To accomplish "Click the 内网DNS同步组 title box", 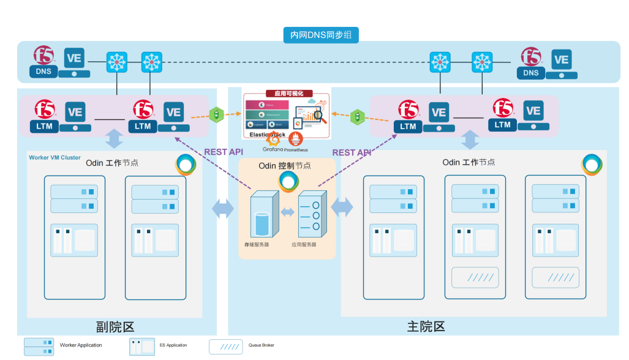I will [321, 35].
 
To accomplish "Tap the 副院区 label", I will [115, 326].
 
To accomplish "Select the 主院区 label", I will [426, 326].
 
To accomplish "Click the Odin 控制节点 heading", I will [285, 166].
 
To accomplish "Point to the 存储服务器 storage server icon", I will [263, 214].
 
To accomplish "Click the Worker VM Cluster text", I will [55, 157].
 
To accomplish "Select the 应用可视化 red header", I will [285, 94].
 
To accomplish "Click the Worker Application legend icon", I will [39, 347].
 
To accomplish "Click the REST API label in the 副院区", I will [219, 152].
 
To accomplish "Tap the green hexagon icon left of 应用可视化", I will [216, 114].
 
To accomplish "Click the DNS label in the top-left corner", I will [43, 72].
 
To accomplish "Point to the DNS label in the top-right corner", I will [531, 73].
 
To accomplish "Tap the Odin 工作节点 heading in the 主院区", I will [469, 162].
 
